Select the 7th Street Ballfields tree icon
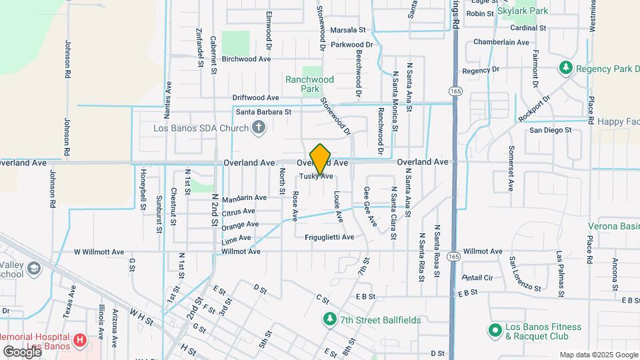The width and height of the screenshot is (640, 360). coord(329,319)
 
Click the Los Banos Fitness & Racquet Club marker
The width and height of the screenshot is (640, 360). coord(495,330)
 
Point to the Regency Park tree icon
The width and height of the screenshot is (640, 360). coord(566,68)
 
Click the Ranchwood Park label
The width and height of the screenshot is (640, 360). coord(309,83)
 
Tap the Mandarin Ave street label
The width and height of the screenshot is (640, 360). coord(244,198)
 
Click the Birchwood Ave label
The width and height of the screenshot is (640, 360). coord(246,59)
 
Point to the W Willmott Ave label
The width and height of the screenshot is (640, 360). coord(99,252)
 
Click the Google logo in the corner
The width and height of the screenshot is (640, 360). coord(21,351)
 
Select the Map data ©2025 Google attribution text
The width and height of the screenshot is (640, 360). coord(598,355)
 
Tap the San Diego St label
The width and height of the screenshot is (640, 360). coord(551,131)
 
